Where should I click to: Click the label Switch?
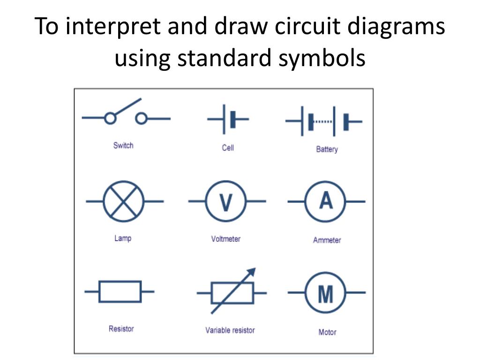coord(123,145)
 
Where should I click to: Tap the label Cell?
coord(228,148)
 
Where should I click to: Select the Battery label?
coord(327,150)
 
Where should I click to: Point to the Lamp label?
coord(123,238)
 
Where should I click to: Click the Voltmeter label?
coord(226,239)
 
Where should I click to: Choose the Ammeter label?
coord(327,240)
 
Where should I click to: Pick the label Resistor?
coord(121,329)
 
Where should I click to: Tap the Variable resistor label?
coord(230,330)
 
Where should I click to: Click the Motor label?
coord(327,332)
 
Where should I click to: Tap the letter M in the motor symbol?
coord(325,294)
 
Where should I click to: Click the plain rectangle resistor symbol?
coord(120,292)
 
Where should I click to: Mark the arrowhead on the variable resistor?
coord(252,272)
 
